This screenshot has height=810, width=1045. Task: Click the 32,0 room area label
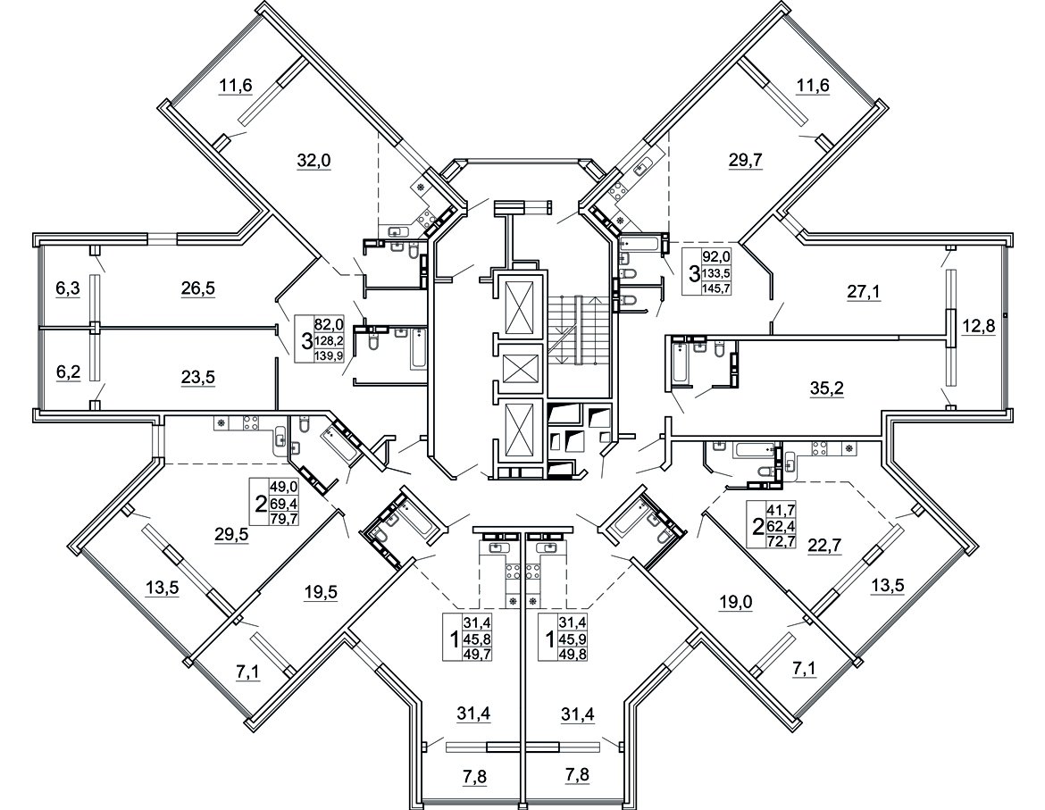(x=313, y=161)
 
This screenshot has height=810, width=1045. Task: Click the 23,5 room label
(x=198, y=376)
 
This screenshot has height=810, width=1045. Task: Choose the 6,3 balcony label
(x=67, y=288)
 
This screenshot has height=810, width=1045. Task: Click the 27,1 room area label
(x=864, y=291)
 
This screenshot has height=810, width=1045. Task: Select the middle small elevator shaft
(x=520, y=368)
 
